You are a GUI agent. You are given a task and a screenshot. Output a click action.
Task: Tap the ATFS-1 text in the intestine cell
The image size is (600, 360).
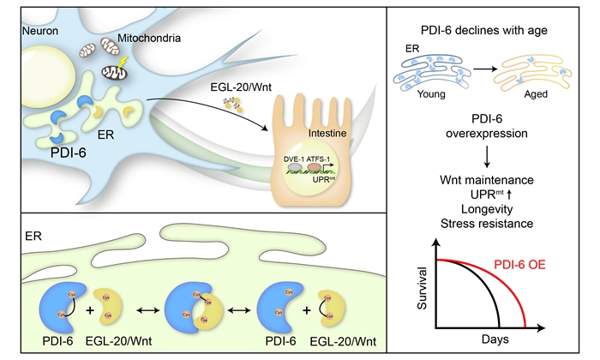324,183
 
